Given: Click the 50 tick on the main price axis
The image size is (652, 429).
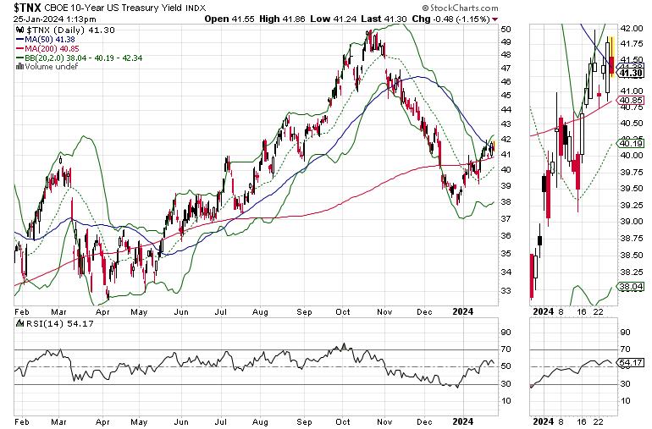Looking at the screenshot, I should (506, 29).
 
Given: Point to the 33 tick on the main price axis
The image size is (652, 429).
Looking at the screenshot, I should (506, 290).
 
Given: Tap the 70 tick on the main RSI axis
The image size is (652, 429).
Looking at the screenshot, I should (506, 349).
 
